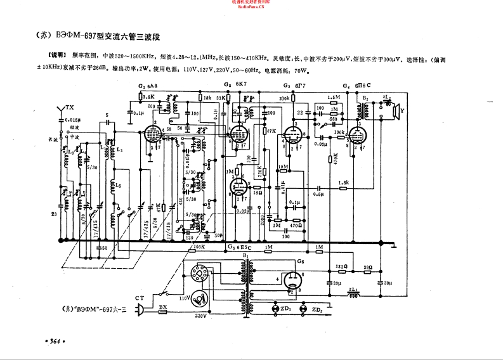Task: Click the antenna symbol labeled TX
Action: click(61, 110)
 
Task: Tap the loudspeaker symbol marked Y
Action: click(398, 112)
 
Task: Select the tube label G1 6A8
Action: click(149, 86)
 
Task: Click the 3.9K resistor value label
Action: click(149, 96)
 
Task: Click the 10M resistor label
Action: click(283, 167)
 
